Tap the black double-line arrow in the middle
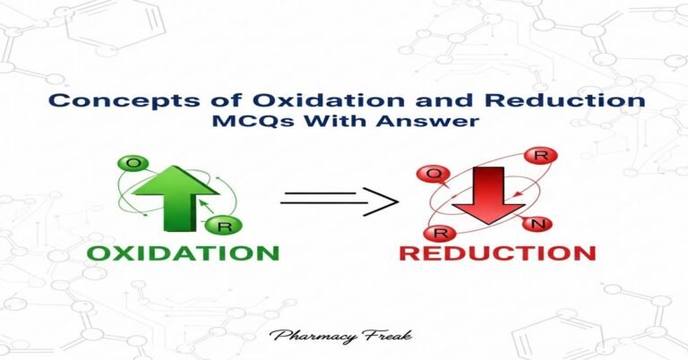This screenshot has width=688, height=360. (339, 199)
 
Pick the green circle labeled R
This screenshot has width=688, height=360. (214, 228)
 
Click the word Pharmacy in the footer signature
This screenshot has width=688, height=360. (314, 338)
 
